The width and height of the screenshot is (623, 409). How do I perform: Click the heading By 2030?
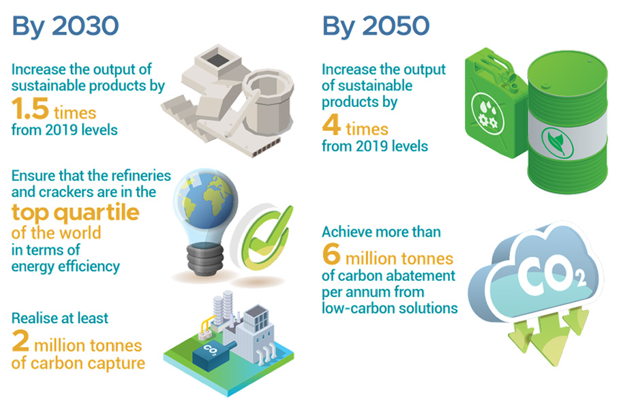[65, 26]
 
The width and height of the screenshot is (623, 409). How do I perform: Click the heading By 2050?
[376, 26]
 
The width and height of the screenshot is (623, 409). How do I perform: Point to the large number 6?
[331, 257]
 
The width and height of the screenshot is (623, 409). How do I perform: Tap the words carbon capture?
[89, 363]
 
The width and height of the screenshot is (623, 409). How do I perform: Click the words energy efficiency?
[65, 266]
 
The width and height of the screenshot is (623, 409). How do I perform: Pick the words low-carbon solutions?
[389, 308]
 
